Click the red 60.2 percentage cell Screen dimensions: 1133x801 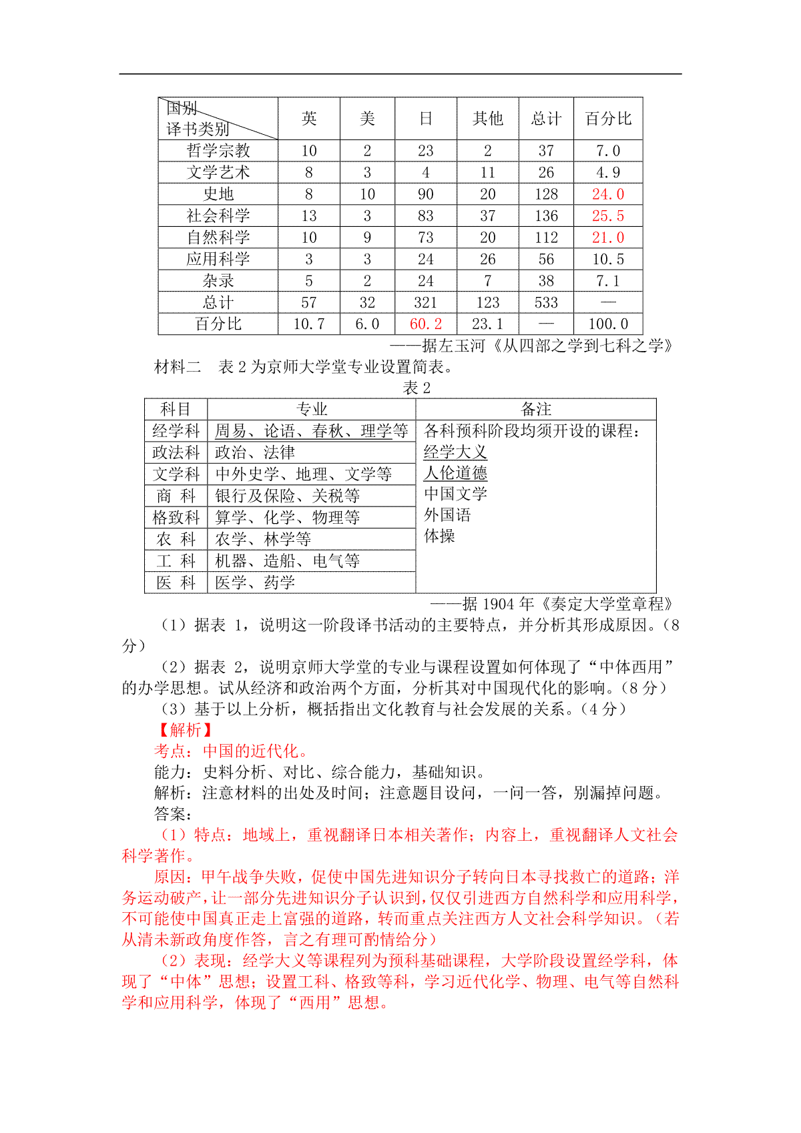coord(425,324)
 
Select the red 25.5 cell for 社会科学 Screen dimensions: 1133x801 coord(607,216)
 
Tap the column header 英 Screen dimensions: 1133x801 coord(308,119)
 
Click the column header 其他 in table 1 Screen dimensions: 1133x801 coord(487,119)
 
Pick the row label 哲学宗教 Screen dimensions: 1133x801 coord(218,151)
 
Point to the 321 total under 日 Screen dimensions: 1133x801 coord(425,303)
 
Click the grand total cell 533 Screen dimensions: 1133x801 coord(545,303)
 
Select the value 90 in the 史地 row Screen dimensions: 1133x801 coord(425,194)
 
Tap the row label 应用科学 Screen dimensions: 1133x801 coord(218,260)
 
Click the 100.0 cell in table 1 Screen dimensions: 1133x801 coord(607,324)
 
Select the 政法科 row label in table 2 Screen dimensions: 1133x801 coord(176,452)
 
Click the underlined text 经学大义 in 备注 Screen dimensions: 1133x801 coord(455,452)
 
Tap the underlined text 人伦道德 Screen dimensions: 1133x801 coord(455,473)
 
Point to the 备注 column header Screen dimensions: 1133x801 coord(535,409)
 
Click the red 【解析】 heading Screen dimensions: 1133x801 coord(184,730)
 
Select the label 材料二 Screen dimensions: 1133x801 coord(178,367)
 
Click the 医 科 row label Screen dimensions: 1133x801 coord(176,583)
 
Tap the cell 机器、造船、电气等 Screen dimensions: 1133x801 coord(287,560)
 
